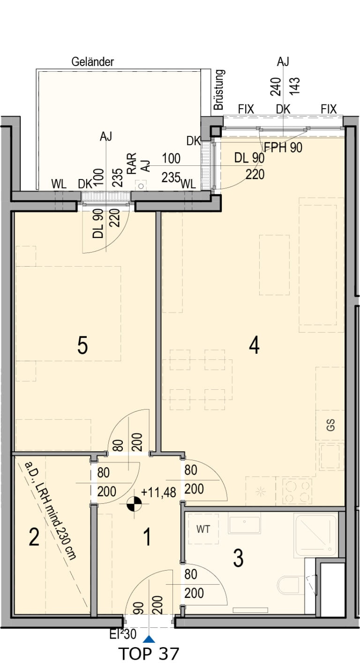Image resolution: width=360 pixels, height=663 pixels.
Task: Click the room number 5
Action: coord(82,346)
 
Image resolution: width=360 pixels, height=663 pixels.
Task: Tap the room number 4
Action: coord(255,346)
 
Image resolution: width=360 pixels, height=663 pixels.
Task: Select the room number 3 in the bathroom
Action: coord(238,558)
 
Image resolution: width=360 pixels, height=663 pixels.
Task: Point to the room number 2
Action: coord(34,537)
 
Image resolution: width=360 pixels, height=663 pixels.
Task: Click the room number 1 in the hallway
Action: coord(147,537)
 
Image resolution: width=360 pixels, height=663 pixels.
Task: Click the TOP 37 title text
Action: coord(149,654)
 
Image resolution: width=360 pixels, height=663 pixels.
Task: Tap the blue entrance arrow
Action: coord(149,639)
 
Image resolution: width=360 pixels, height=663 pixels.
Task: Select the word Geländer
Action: coord(93,62)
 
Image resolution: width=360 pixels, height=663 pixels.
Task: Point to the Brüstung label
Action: coord(219,89)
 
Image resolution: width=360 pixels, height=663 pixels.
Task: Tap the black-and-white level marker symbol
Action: coord(134,504)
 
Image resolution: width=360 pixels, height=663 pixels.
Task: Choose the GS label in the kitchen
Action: coord(330,425)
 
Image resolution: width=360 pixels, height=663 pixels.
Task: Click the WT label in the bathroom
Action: coord(203,529)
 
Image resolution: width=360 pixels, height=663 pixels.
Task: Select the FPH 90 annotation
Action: coord(283,148)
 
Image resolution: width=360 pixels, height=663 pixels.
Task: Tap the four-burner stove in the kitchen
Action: coord(297,492)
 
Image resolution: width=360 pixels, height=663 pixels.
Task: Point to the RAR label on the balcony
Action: coord(131,163)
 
